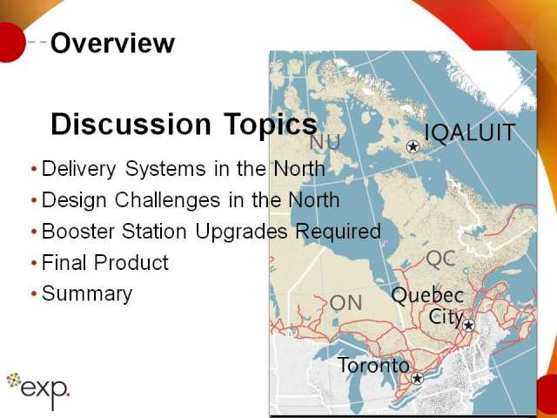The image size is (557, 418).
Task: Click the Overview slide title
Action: point(112,43)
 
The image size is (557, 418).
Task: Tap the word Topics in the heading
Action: point(271,125)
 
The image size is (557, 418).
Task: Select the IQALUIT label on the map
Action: point(470,133)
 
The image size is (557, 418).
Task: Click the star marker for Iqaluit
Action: point(413,146)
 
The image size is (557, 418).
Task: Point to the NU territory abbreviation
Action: point(325,142)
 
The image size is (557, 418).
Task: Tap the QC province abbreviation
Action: point(441,259)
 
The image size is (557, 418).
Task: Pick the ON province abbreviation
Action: point(346,303)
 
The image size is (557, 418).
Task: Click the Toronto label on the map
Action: point(373,365)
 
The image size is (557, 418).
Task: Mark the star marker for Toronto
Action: point(417,378)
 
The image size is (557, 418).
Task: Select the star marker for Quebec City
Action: point(468,325)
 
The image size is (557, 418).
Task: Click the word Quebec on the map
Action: point(427,296)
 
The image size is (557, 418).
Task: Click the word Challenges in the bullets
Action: point(167,200)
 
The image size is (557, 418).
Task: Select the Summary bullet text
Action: point(87,294)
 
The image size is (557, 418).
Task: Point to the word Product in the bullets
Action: point(131,263)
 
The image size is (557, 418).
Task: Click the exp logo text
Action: point(45,390)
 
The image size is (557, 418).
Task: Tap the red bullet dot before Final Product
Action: point(34,263)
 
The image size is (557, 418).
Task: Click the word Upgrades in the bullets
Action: point(241,233)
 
